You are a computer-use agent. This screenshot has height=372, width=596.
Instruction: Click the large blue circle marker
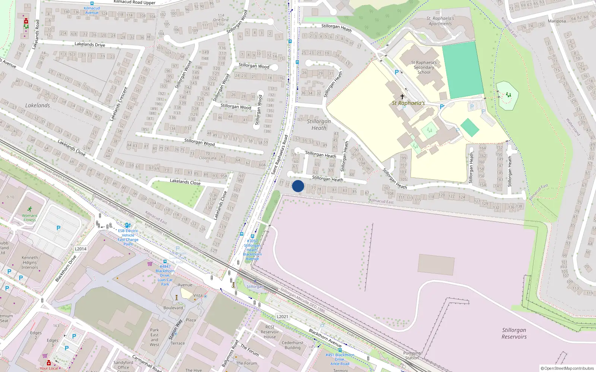tap(298, 186)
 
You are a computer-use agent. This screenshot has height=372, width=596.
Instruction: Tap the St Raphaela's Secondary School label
tap(424, 67)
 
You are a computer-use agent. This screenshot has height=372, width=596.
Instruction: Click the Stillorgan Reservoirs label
tap(514, 333)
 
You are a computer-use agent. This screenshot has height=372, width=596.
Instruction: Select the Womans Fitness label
tap(29, 218)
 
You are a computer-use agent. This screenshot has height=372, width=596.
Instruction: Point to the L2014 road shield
tap(80, 249)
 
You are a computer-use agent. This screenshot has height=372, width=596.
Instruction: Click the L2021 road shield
tap(282, 317)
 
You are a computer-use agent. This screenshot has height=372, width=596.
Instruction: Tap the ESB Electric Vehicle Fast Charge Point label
tap(128, 237)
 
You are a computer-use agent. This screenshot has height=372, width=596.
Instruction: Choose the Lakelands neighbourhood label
tap(37, 105)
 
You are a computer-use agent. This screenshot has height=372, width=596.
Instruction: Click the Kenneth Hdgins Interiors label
tap(30, 262)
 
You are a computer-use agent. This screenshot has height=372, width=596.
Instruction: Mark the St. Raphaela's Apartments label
tap(440, 21)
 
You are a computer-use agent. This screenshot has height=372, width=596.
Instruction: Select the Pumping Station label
tap(412, 355)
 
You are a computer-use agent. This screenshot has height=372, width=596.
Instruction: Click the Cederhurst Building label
tap(292, 345)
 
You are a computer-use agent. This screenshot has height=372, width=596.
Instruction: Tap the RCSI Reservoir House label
tap(270, 332)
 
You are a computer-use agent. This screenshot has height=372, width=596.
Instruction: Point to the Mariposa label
tap(557, 21)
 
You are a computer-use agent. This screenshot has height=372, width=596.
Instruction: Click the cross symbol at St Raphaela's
tap(402, 96)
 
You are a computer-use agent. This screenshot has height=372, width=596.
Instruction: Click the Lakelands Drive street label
tap(90, 44)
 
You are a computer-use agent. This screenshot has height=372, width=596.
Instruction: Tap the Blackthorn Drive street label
tap(66, 268)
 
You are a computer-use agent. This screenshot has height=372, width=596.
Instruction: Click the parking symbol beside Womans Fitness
tap(58, 228)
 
